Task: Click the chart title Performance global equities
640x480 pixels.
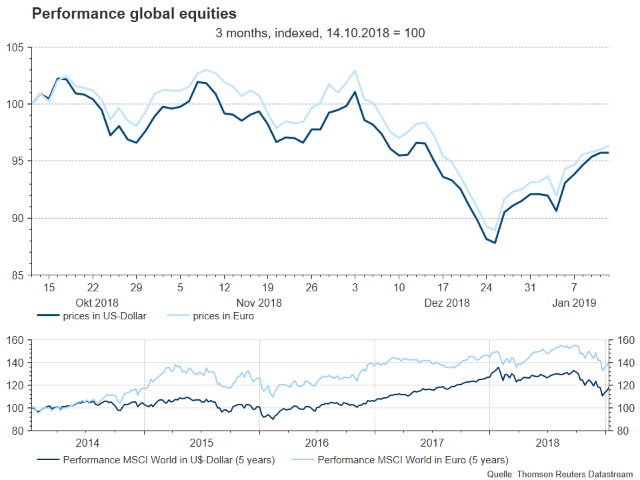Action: tap(134, 13)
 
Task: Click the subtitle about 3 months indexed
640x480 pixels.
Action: tap(320, 33)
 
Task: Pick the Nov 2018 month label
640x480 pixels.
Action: tap(259, 302)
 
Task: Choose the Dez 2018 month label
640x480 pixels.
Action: tap(447, 302)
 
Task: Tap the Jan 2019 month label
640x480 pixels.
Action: tap(575, 302)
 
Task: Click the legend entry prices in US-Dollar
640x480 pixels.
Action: tap(103, 316)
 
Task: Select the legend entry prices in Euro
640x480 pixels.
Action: tap(223, 316)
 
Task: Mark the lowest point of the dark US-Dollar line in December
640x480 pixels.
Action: tap(495, 243)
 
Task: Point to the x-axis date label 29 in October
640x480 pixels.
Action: tap(135, 288)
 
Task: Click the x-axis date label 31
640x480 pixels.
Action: tap(530, 288)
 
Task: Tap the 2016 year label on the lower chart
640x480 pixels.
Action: tap(317, 443)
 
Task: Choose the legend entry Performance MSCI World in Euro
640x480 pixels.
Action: tap(413, 459)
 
